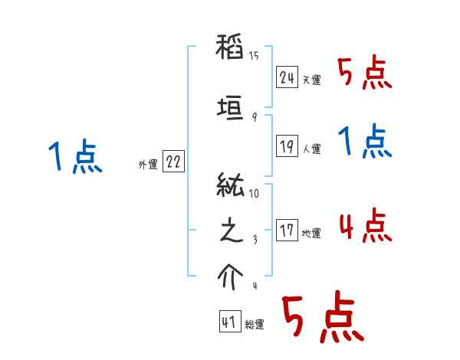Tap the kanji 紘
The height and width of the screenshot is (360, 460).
[231, 187]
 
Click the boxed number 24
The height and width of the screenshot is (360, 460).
[287, 77]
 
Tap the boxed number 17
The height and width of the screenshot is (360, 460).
[287, 231]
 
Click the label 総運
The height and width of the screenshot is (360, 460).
[255, 325]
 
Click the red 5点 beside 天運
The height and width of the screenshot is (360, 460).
[364, 74]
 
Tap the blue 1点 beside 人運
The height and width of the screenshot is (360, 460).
[364, 142]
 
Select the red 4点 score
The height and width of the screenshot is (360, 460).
[364, 225]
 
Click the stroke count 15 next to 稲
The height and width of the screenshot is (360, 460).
[254, 56]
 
